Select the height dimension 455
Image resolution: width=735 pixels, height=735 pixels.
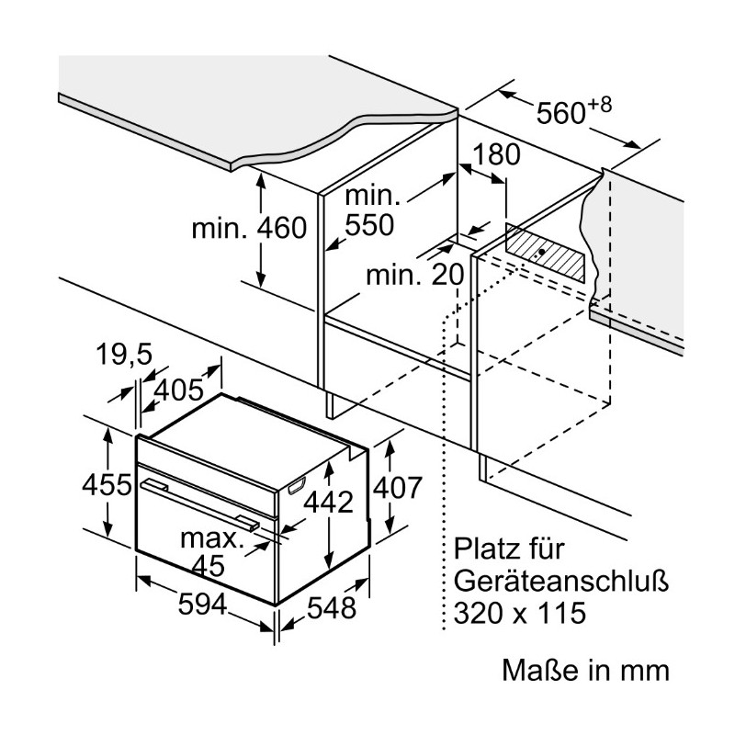(x=103, y=484)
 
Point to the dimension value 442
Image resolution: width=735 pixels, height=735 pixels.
(x=328, y=502)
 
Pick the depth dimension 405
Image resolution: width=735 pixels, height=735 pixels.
(x=178, y=390)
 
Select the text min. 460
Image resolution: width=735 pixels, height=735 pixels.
(x=249, y=227)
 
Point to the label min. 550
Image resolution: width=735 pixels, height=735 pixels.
(x=370, y=210)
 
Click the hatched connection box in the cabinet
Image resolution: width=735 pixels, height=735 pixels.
(x=547, y=250)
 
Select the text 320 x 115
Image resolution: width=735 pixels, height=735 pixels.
(x=520, y=613)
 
